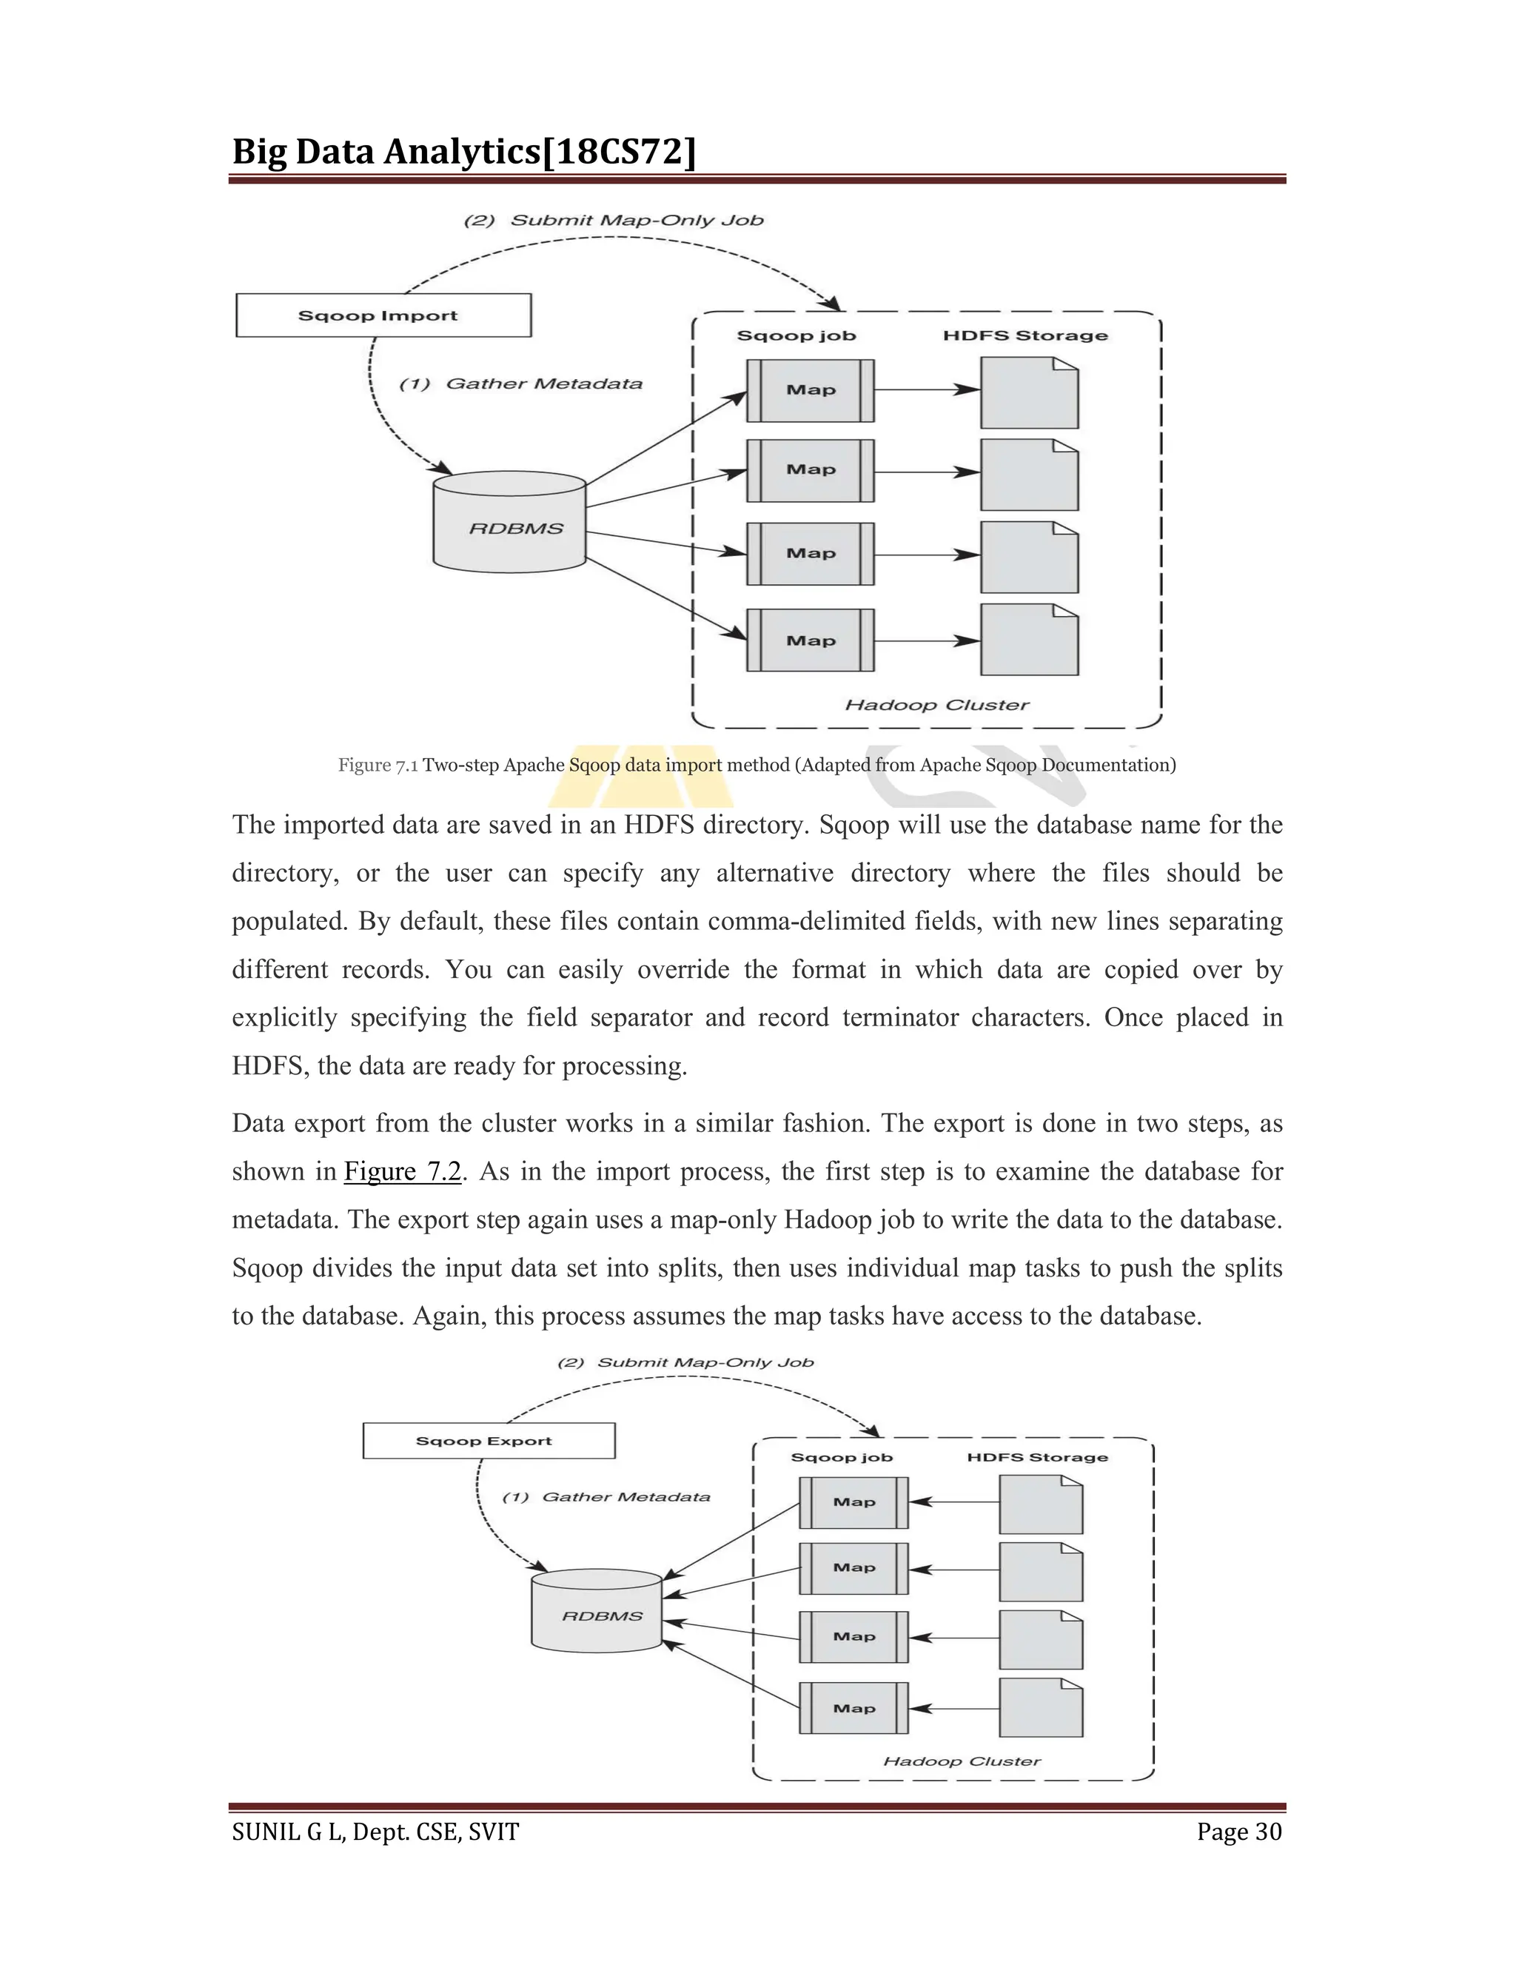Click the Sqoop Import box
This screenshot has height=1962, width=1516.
383,315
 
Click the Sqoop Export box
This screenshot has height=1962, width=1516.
489,1441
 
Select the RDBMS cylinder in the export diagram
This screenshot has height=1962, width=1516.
597,1613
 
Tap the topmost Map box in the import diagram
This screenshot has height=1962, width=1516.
810,390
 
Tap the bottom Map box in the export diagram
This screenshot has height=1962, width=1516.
853,1708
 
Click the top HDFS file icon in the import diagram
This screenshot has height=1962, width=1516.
1029,392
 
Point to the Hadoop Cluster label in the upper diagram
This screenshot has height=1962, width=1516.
936,705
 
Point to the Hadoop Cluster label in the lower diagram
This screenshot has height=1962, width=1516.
962,1761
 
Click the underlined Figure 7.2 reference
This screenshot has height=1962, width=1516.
403,1172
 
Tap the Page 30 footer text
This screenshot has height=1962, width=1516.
1238,1832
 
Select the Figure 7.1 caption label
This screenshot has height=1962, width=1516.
378,766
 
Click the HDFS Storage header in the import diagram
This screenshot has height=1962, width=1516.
1024,335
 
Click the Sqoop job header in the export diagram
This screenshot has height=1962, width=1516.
842,1457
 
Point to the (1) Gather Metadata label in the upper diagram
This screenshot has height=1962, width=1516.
521,384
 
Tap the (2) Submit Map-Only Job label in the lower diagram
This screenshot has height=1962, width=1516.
685,1363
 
